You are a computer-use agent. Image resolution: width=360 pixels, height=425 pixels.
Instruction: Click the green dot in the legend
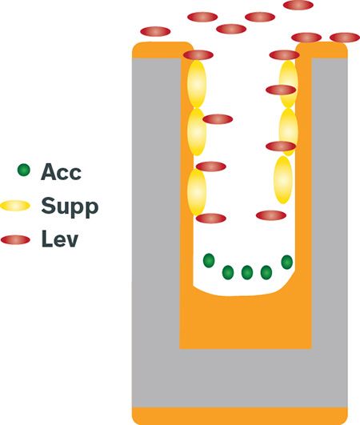(24, 170)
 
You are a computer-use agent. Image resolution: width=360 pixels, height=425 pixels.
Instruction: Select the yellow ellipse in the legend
(15, 206)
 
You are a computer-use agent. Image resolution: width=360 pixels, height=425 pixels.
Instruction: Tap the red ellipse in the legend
(15, 240)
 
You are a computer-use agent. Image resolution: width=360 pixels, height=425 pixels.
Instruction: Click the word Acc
(61, 172)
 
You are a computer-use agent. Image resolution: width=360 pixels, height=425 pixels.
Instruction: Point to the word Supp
(70, 207)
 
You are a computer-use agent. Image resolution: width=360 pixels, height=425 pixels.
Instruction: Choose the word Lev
(60, 239)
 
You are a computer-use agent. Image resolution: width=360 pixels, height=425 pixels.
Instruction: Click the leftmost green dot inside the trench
(209, 260)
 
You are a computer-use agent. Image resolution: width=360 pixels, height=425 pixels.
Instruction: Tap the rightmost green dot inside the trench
(287, 262)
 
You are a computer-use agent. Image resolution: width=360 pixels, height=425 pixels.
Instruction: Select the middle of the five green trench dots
(247, 272)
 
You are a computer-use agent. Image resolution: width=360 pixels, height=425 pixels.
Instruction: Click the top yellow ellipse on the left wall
(197, 84)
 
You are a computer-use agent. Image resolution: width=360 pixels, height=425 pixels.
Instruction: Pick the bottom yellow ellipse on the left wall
(197, 191)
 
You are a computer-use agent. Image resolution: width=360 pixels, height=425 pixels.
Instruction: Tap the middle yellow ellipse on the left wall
(197, 132)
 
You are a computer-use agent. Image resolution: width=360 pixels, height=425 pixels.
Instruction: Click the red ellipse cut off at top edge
(298, 5)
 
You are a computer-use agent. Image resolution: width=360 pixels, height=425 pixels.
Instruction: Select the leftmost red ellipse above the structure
(155, 31)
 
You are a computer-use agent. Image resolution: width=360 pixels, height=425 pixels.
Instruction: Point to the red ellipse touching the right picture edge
(345, 38)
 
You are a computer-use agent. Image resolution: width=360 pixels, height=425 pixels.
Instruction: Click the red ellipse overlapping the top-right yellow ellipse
(281, 90)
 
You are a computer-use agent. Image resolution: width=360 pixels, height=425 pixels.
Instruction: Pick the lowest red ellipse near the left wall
(211, 219)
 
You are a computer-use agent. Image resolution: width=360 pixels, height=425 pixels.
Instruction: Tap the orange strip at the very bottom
(240, 416)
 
